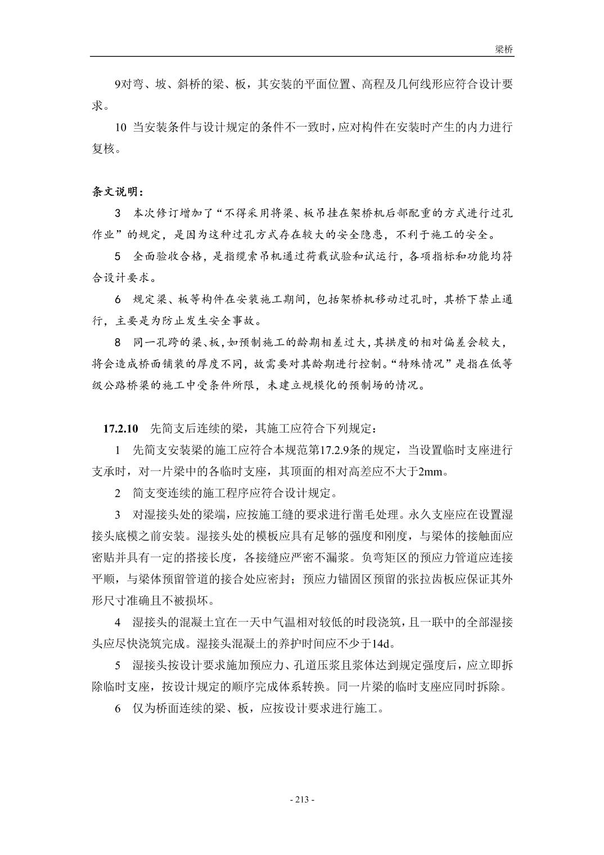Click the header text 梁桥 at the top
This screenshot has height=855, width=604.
(504, 49)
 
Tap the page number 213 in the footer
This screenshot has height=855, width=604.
(301, 799)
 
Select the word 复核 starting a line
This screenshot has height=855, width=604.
(103, 149)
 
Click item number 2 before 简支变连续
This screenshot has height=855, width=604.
(118, 493)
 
